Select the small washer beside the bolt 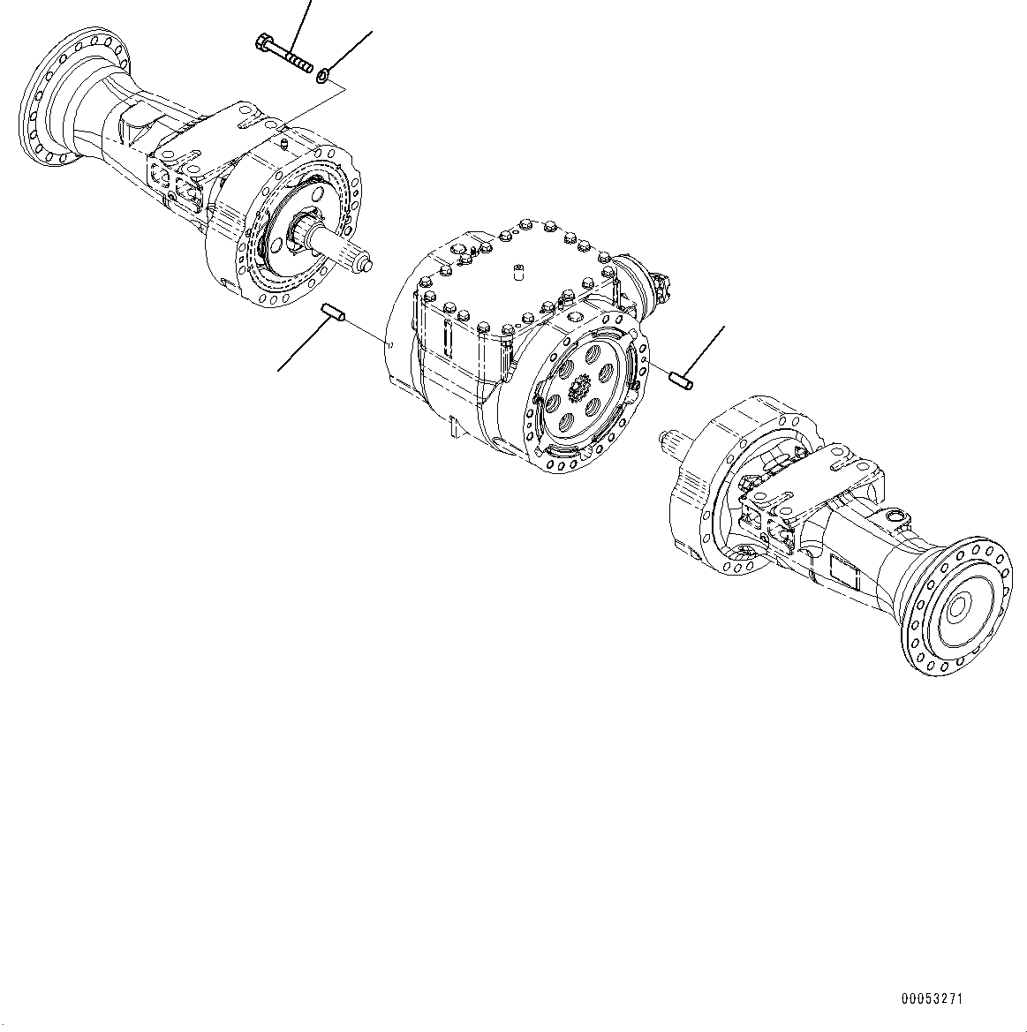(x=324, y=77)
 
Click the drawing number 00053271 (x=932, y=999)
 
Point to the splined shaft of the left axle (x=349, y=256)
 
